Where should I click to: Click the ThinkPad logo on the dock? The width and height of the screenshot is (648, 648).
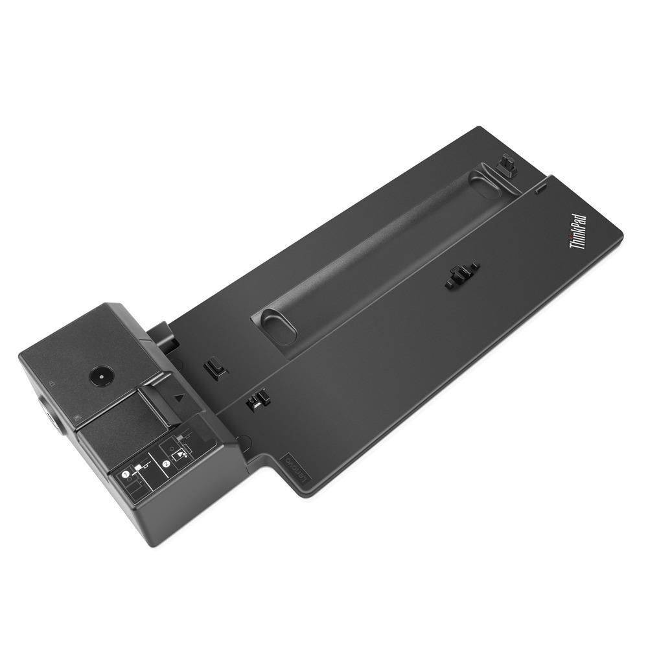tap(577, 232)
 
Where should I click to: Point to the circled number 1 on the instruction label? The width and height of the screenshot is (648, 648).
tap(126, 475)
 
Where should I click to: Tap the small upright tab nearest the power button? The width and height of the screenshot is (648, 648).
tap(213, 367)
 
